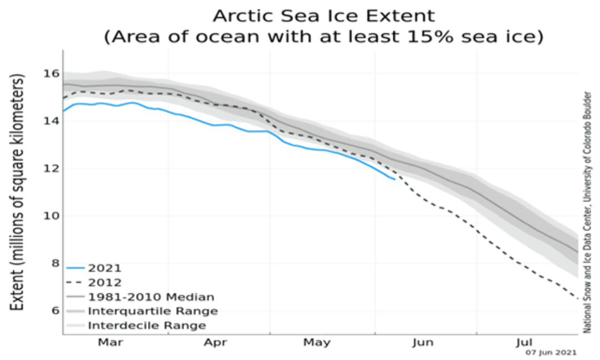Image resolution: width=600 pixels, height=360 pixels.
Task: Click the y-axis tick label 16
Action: (x=51, y=73)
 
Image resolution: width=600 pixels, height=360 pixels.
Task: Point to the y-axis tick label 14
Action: (x=51, y=121)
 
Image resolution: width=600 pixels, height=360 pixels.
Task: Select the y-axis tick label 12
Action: (x=51, y=168)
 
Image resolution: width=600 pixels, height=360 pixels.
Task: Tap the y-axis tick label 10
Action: (x=51, y=216)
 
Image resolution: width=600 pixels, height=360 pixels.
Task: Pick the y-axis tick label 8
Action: (x=54, y=263)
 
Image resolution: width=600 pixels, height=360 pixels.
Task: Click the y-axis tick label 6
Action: (x=54, y=310)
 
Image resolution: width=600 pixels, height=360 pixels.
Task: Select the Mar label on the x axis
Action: (x=111, y=343)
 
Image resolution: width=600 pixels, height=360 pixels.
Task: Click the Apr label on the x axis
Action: (x=215, y=343)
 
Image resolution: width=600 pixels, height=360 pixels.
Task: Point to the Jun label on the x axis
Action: (x=423, y=343)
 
